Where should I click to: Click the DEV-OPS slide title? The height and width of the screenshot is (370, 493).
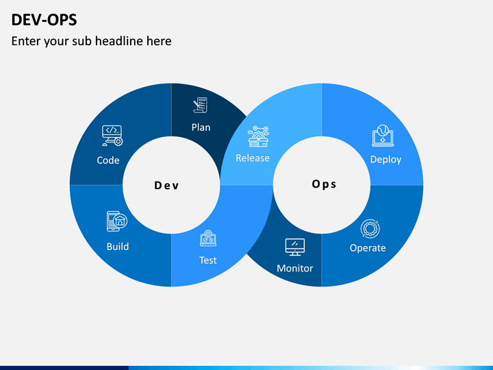(x=44, y=20)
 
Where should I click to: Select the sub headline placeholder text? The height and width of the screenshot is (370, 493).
(x=92, y=41)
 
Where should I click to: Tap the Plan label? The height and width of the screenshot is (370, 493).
(x=201, y=127)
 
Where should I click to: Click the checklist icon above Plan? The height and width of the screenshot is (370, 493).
(x=200, y=105)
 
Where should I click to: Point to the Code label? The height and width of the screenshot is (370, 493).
(x=108, y=160)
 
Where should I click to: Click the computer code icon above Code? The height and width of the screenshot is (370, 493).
(x=112, y=136)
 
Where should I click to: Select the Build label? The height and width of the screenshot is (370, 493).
(x=118, y=247)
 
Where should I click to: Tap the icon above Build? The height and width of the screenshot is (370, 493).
(x=117, y=221)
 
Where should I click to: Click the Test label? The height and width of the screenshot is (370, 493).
(x=208, y=260)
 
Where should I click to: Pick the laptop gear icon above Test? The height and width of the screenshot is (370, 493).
(x=208, y=238)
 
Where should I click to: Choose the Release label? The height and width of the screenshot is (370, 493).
(x=253, y=158)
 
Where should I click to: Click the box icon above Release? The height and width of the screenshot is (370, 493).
(x=258, y=136)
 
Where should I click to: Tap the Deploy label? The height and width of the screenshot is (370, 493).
(x=385, y=160)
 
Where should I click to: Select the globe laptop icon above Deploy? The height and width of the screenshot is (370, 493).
(x=383, y=136)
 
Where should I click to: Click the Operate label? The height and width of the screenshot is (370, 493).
(x=368, y=248)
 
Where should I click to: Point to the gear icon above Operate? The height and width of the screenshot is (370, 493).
(x=370, y=229)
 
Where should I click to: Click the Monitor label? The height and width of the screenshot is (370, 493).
(x=295, y=268)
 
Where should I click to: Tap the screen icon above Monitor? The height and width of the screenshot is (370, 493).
(x=295, y=247)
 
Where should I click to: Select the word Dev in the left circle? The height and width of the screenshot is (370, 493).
(x=166, y=185)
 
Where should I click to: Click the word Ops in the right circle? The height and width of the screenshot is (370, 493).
(x=324, y=184)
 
